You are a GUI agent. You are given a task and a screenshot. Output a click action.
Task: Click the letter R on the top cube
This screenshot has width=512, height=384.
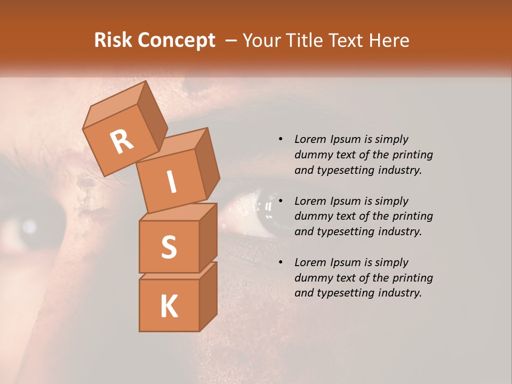122,141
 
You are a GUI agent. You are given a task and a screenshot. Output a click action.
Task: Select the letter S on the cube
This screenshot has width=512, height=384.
169,247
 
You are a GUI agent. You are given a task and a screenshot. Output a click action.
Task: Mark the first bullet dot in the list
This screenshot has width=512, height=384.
281,139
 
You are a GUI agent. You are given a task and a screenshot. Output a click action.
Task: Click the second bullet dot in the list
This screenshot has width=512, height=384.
281,201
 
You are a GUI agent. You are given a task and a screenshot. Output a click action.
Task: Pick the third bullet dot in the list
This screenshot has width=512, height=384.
281,262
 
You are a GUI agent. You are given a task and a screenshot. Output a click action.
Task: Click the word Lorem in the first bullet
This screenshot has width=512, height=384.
309,139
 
